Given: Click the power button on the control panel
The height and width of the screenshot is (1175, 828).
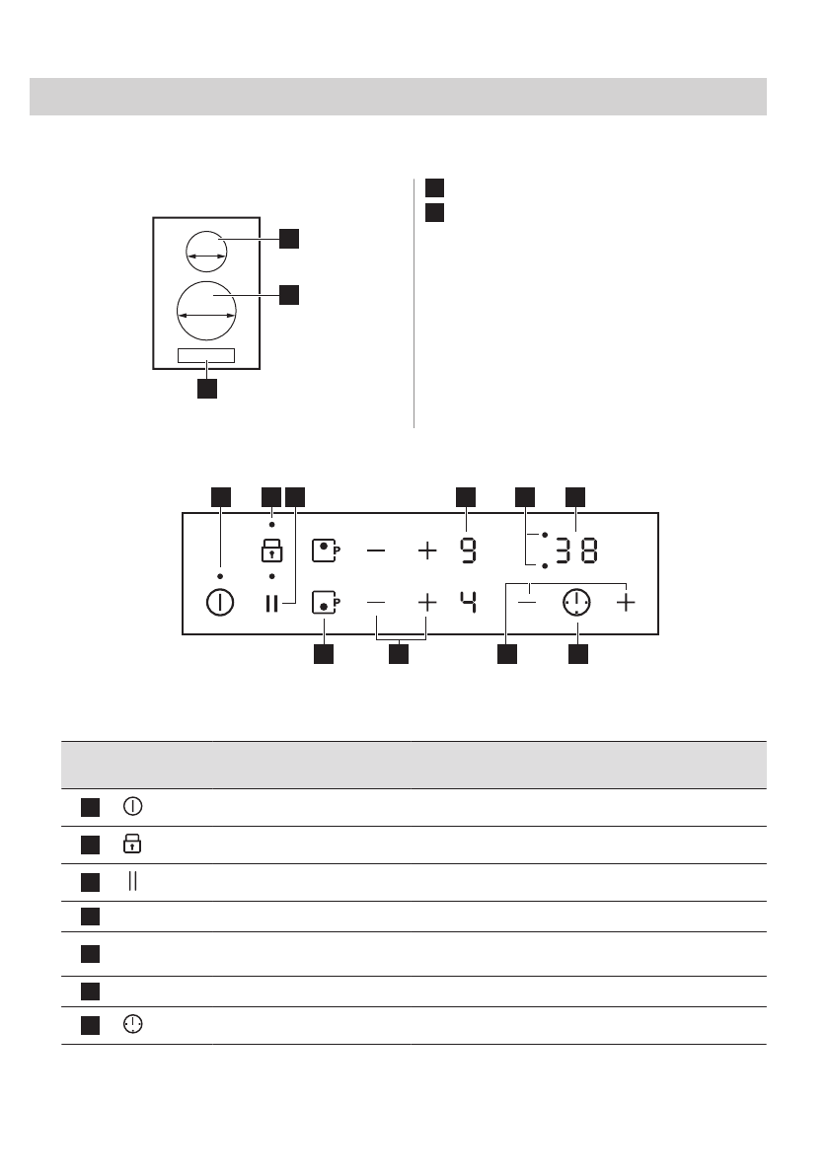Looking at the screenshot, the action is pyautogui.click(x=219, y=602).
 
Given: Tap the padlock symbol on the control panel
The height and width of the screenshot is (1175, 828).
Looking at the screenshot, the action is pyautogui.click(x=270, y=551).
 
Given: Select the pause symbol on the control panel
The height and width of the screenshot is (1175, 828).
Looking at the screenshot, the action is pyautogui.click(x=271, y=602).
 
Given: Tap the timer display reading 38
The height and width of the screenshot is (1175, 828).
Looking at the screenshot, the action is pyautogui.click(x=575, y=551).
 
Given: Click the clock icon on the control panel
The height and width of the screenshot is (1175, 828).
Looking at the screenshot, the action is pyautogui.click(x=576, y=602).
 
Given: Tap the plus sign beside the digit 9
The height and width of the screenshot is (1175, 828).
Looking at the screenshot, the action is pyautogui.click(x=426, y=551).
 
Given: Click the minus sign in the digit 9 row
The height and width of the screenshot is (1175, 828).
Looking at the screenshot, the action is pyautogui.click(x=377, y=551).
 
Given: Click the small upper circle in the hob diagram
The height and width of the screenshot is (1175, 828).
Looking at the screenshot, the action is pyautogui.click(x=207, y=251).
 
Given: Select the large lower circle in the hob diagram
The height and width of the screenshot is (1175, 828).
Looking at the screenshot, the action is pyautogui.click(x=207, y=309).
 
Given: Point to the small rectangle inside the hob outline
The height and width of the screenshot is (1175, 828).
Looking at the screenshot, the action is pyautogui.click(x=206, y=356).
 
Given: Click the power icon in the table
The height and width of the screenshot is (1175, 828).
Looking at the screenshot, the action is pyautogui.click(x=132, y=807).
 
